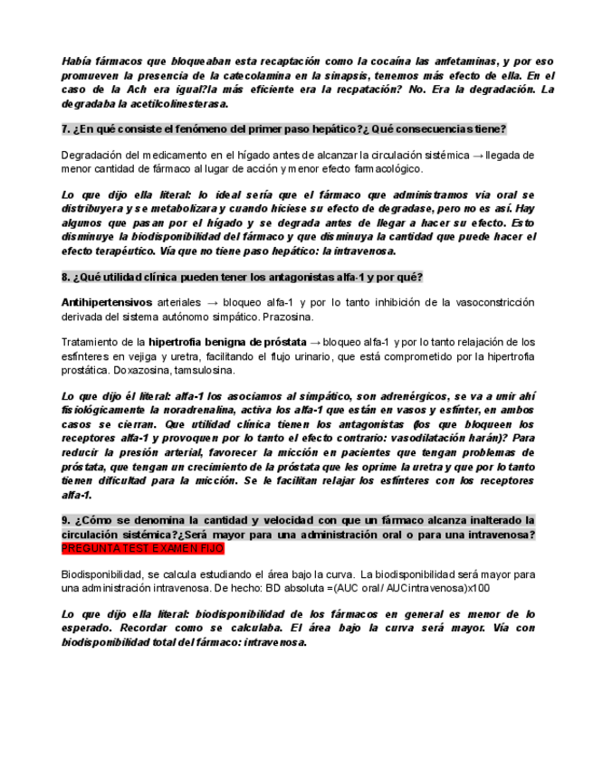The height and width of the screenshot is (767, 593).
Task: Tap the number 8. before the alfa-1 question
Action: [x=66, y=276]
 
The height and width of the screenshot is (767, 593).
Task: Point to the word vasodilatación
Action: [x=416, y=437]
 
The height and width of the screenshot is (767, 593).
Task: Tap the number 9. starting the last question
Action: [x=66, y=520]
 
